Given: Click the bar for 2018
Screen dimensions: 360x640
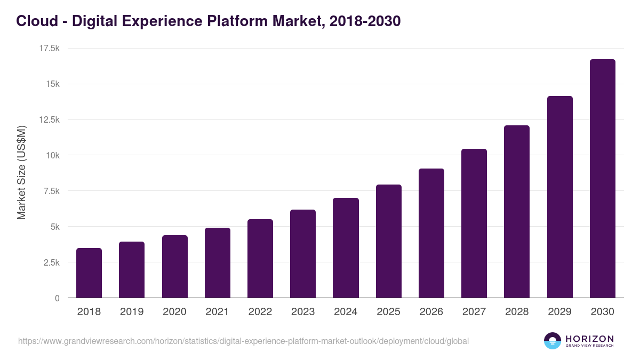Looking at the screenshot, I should point(89,273).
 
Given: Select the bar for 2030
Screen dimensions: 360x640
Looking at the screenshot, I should point(602,179).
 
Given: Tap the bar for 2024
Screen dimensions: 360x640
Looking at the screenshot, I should point(346,248).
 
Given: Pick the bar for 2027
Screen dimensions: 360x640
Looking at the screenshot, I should point(474,223).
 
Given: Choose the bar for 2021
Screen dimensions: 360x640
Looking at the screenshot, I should point(218,263).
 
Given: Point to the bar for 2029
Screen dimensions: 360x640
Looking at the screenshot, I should point(559,197).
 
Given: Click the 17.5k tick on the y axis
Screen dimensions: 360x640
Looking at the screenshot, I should point(49,49).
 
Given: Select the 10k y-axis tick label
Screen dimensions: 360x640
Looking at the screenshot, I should point(52,155).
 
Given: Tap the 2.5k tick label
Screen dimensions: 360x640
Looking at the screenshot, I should point(51,262).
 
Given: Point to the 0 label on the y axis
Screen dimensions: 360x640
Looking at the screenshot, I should point(57,298).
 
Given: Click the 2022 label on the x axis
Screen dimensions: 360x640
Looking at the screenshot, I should point(260,312).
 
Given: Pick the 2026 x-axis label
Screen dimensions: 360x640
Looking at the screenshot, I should point(431,312).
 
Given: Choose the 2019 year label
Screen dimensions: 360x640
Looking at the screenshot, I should point(132,312).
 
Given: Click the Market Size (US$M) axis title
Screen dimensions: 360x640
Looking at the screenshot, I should point(21,173).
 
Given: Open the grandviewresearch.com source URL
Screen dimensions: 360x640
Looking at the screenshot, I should point(243,341).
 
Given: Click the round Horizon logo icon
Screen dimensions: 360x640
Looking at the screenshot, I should point(552,341).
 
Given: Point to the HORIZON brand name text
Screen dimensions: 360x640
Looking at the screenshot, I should point(589,339).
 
